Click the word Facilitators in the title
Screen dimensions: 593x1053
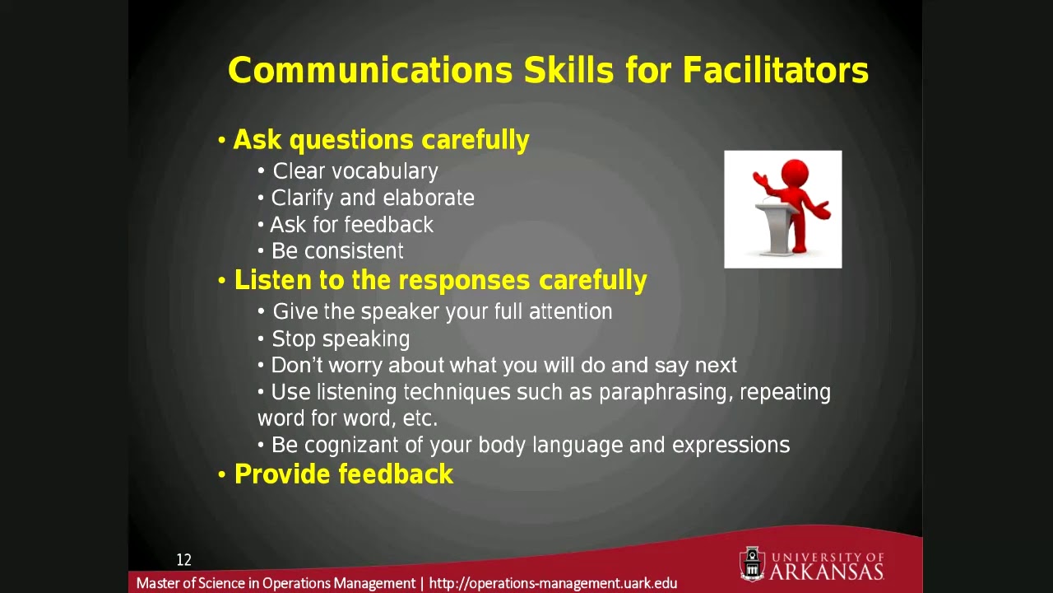tap(775, 71)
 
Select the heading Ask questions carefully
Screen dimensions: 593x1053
tap(381, 140)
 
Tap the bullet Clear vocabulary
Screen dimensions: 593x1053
tap(355, 171)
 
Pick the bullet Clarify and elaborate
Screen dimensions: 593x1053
tap(373, 198)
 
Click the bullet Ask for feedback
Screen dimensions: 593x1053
tap(351, 225)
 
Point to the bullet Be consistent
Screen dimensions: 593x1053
tap(337, 251)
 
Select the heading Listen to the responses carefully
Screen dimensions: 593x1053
tap(440, 281)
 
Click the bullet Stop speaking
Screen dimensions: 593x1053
tap(341, 339)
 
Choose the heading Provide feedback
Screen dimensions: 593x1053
tap(344, 474)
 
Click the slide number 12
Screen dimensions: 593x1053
tap(183, 560)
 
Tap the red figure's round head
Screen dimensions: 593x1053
tap(795, 174)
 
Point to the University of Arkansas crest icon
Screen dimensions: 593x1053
tap(752, 564)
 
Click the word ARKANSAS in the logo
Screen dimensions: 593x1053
tap(826, 571)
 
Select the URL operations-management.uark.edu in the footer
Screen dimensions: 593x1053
tap(553, 583)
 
